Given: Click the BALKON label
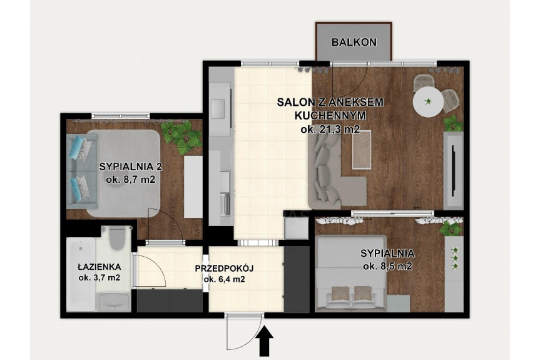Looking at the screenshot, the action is (x=354, y=43).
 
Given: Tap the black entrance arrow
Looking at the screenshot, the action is (x=265, y=341).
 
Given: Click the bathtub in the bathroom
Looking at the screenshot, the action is (x=81, y=275).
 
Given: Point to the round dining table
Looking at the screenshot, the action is (x=428, y=101).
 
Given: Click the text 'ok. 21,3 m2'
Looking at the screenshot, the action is (x=330, y=130).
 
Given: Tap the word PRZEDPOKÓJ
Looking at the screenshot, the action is (x=224, y=269).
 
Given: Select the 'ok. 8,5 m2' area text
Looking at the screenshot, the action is (x=387, y=266).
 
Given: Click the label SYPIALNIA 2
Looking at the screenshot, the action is (x=131, y=167).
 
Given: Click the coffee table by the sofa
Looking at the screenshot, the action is (x=362, y=150).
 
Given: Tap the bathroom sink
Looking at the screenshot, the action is (x=114, y=302).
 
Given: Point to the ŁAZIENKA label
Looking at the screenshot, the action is (x=99, y=267).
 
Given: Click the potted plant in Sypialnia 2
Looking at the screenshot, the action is (x=181, y=135).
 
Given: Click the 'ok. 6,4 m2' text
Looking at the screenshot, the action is (x=225, y=279).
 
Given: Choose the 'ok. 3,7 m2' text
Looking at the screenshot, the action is (x=99, y=277).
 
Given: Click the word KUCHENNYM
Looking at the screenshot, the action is (x=330, y=115).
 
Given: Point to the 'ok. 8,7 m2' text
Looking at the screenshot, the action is (x=131, y=180).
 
